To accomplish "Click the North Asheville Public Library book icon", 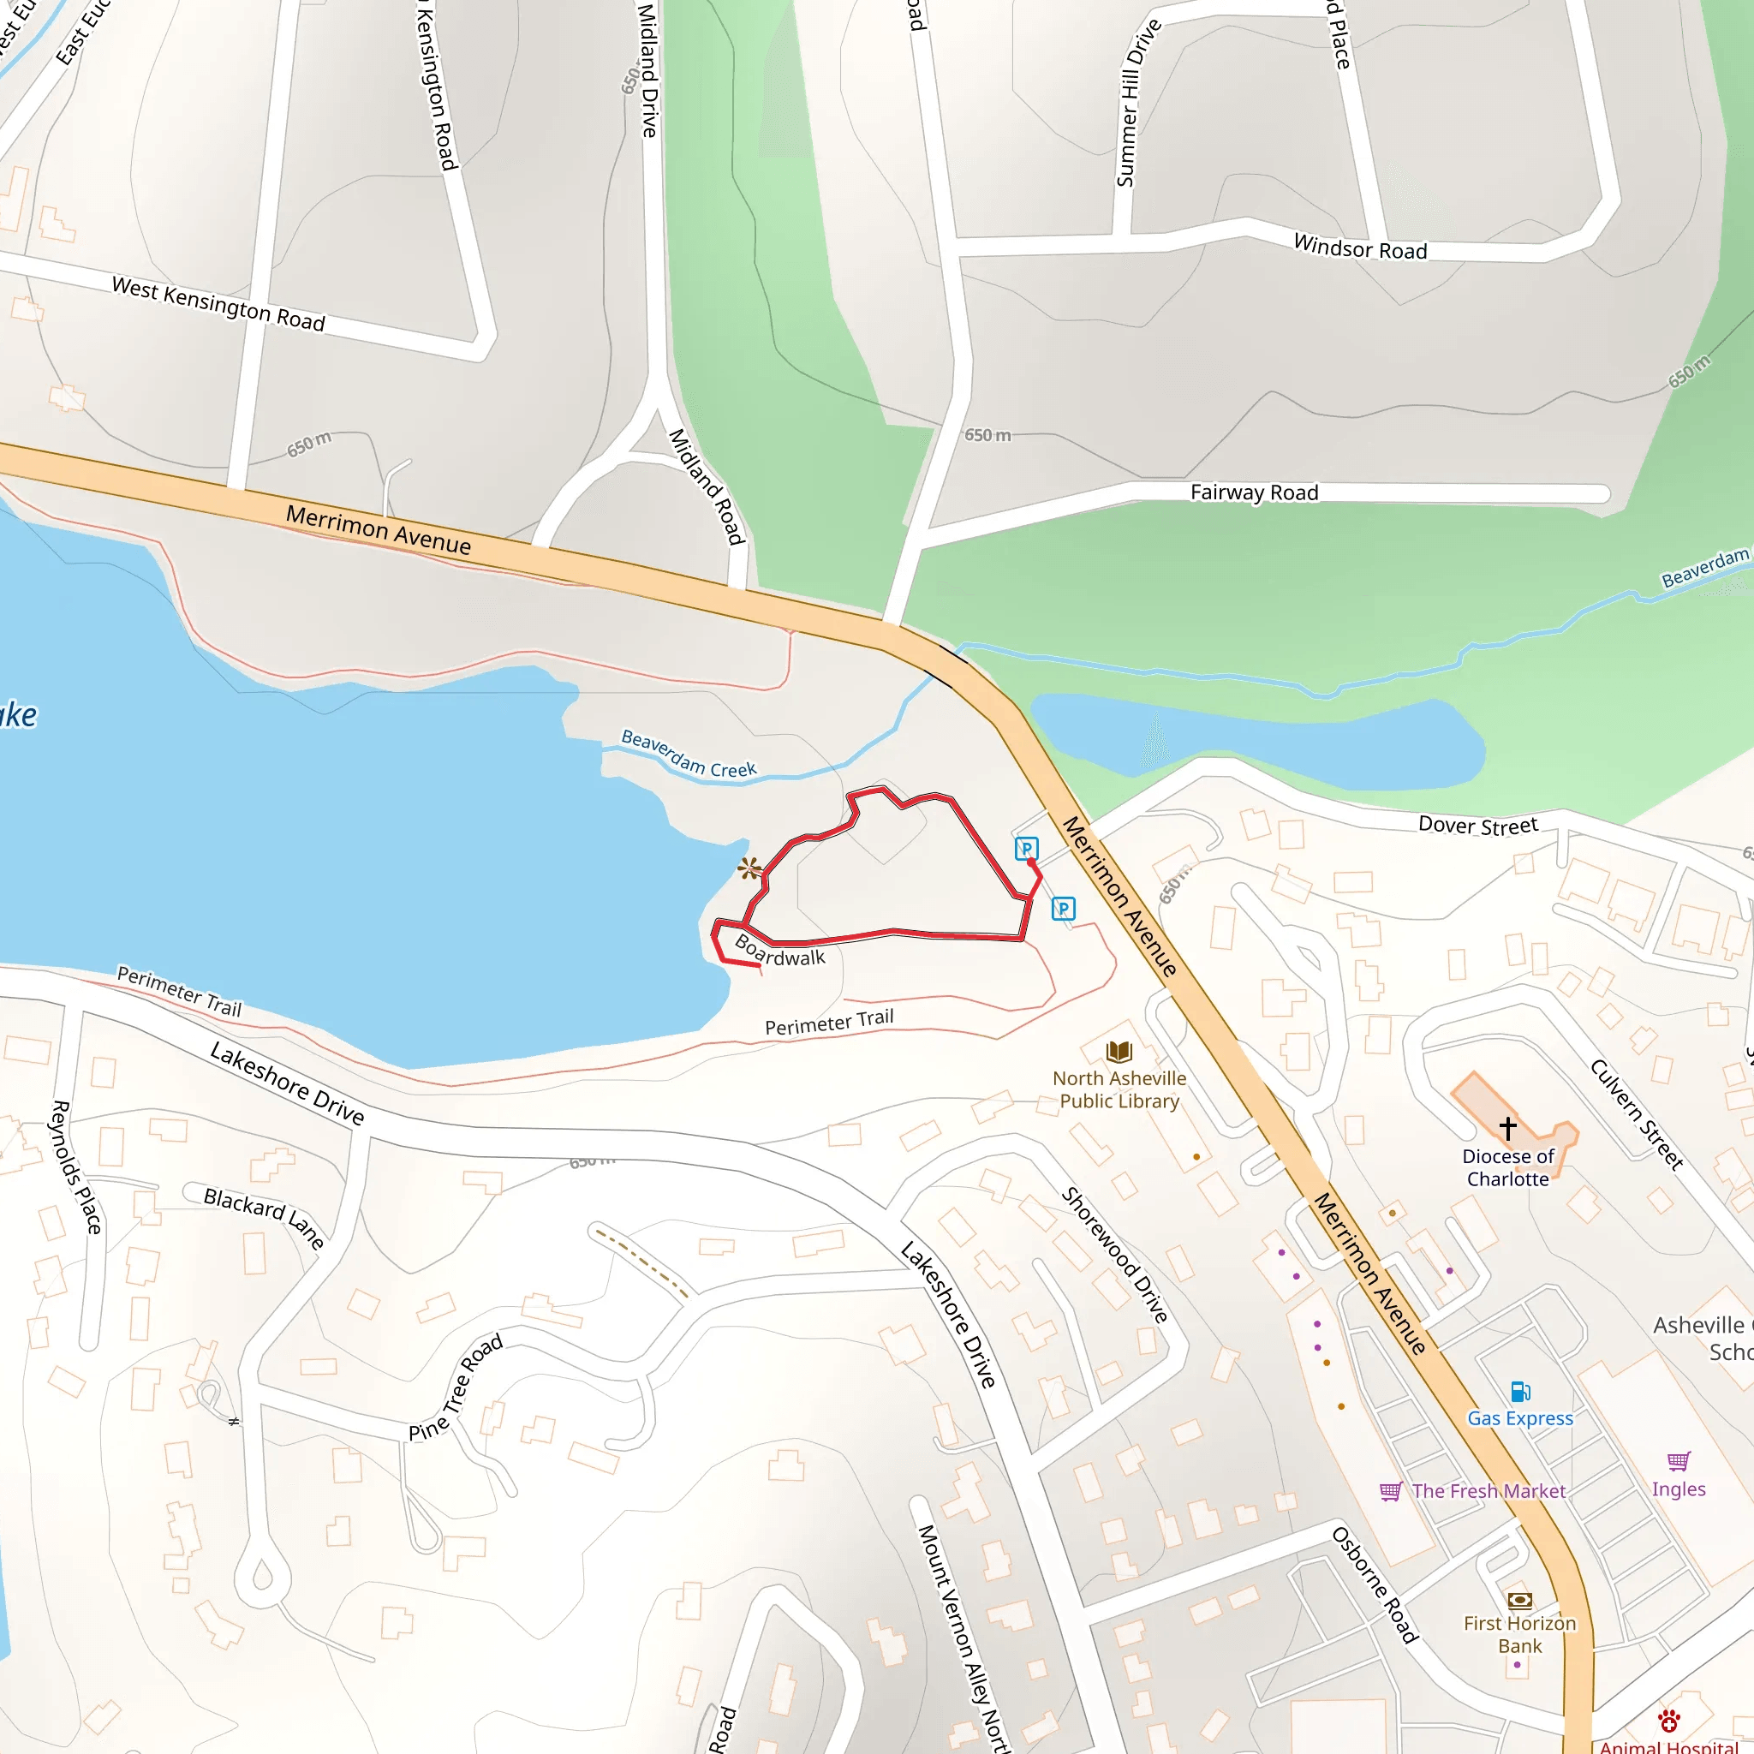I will (x=1119, y=1053).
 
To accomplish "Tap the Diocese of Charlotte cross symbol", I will (x=1508, y=1128).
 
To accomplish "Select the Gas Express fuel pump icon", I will (x=1521, y=1392).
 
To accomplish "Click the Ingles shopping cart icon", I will (x=1679, y=1461).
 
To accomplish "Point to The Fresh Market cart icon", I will (x=1391, y=1492).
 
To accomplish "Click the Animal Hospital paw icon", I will (x=1668, y=1721).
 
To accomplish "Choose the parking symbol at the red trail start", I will (x=1026, y=849).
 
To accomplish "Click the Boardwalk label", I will (x=780, y=951).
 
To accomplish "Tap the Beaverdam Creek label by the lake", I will (x=689, y=754).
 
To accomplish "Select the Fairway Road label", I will (x=1254, y=493).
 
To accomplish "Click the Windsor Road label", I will (x=1360, y=247).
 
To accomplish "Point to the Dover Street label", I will (x=1478, y=826).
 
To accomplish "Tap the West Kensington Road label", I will (x=218, y=304).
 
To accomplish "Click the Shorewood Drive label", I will (x=1115, y=1255).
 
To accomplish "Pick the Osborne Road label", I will (x=1375, y=1585).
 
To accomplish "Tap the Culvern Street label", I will (x=1637, y=1114).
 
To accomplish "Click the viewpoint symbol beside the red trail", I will (x=749, y=868).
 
